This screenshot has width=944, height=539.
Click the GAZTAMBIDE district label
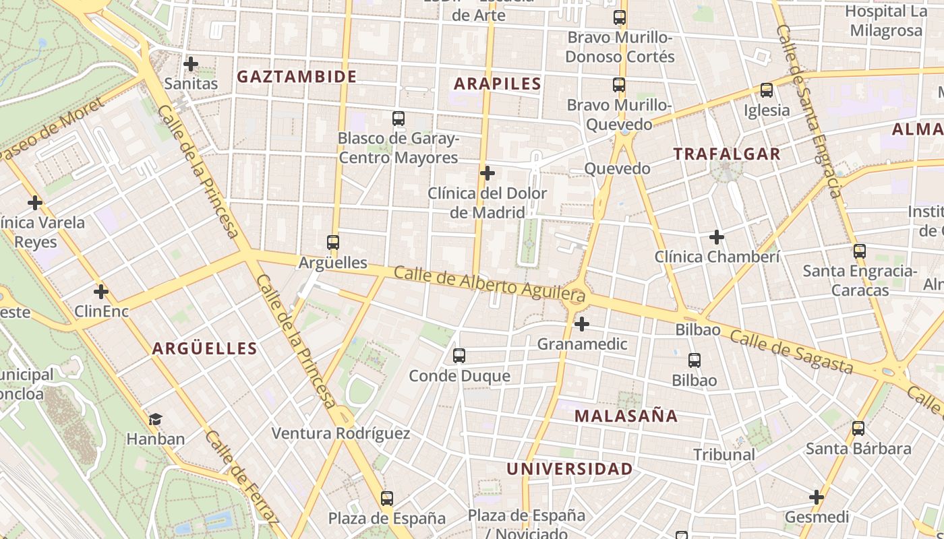pos(297,76)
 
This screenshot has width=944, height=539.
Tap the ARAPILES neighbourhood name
pos(498,84)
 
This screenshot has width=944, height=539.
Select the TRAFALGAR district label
pos(727,154)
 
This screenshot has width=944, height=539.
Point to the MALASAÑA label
pos(626,416)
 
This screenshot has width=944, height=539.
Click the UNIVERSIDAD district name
pos(570,468)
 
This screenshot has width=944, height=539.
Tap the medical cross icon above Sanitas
pos(191,64)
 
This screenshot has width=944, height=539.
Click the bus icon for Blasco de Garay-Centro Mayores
pos(399,119)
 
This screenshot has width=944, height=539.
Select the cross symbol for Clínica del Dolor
pos(487,173)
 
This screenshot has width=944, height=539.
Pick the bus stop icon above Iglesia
pos(766,90)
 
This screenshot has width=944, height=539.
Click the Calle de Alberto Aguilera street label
pos(489,284)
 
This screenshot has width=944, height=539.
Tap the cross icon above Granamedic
pos(581,324)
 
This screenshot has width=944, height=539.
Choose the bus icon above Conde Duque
pos(459,355)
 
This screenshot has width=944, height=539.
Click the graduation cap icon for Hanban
pos(156,419)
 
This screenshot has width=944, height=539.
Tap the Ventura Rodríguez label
pos(341,433)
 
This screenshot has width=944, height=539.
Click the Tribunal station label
pos(724,454)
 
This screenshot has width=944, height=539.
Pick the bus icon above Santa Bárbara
pos(858,428)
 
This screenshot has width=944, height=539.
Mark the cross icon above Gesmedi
pos(817,497)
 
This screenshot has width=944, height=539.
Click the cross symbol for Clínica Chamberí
pos(717,236)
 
